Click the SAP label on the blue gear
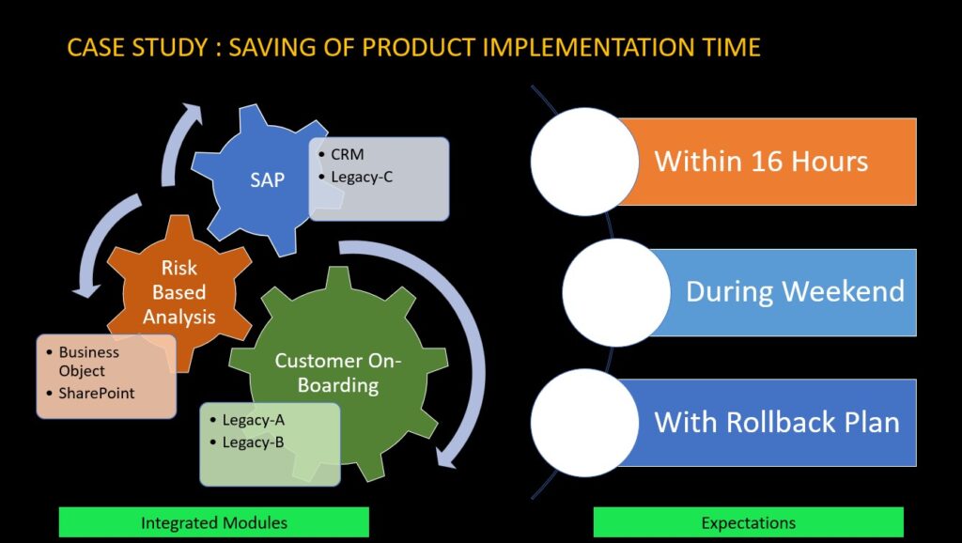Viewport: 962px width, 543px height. [x=267, y=179]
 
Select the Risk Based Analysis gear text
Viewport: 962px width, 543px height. [x=178, y=291]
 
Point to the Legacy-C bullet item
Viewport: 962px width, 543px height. [x=362, y=176]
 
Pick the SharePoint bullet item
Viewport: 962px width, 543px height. [x=97, y=393]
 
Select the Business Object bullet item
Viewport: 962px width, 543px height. [x=88, y=362]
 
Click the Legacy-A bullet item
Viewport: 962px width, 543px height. [x=254, y=419]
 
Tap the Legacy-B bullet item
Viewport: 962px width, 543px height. [x=254, y=442]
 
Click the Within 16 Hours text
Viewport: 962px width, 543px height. [x=761, y=161]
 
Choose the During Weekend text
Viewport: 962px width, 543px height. [x=795, y=291]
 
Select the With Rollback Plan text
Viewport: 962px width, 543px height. [x=776, y=421]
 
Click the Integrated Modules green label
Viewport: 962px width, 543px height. [x=214, y=522]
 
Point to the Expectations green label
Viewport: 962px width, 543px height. [x=748, y=522]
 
